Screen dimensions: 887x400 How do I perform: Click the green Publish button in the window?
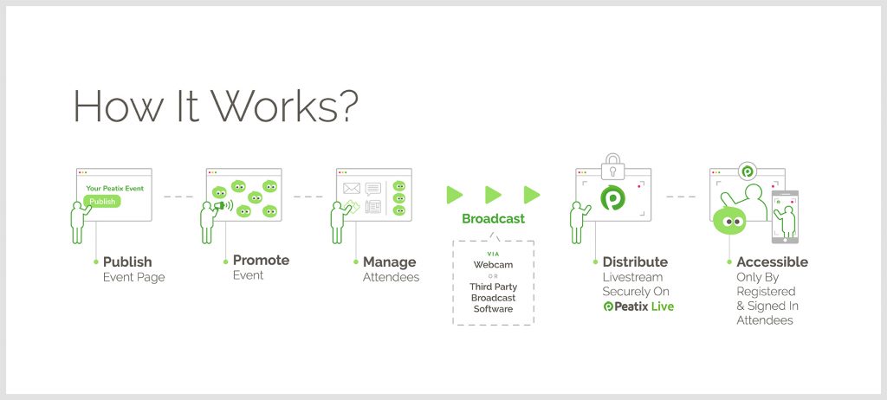[102, 201]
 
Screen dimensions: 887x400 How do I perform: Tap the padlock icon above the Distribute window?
[612, 165]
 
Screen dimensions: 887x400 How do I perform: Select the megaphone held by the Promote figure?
[221, 205]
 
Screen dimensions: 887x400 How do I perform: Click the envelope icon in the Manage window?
[352, 188]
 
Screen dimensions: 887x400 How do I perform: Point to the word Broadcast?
[493, 218]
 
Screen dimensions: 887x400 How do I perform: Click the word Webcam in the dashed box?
[493, 265]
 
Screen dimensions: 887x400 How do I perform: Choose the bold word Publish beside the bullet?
[127, 262]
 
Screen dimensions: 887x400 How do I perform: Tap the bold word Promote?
[261, 261]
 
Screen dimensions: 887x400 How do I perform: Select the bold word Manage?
[389, 262]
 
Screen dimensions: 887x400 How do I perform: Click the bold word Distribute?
[635, 262]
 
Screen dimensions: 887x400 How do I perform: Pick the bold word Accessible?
[772, 262]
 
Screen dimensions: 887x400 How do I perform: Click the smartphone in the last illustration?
[785, 217]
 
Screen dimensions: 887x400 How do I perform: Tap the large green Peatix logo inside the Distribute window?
[612, 197]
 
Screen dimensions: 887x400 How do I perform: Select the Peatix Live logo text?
[638, 306]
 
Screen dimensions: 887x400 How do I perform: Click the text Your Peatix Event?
[115, 189]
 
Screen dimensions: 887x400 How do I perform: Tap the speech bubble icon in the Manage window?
[372, 189]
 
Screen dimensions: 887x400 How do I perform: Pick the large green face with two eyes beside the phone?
[729, 222]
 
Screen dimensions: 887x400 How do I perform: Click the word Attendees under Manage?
[391, 277]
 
